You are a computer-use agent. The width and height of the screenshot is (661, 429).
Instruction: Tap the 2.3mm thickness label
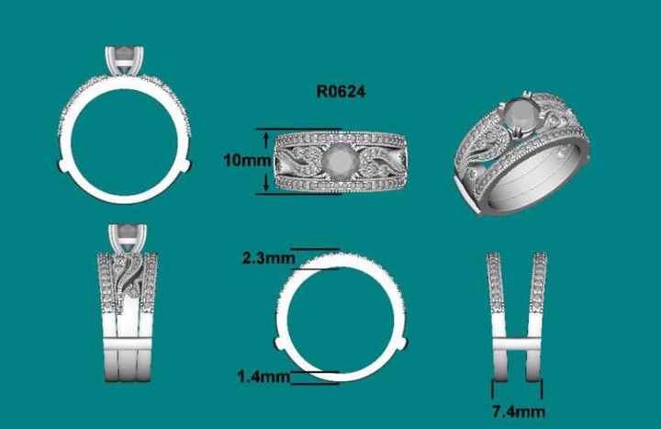(x=262, y=258)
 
